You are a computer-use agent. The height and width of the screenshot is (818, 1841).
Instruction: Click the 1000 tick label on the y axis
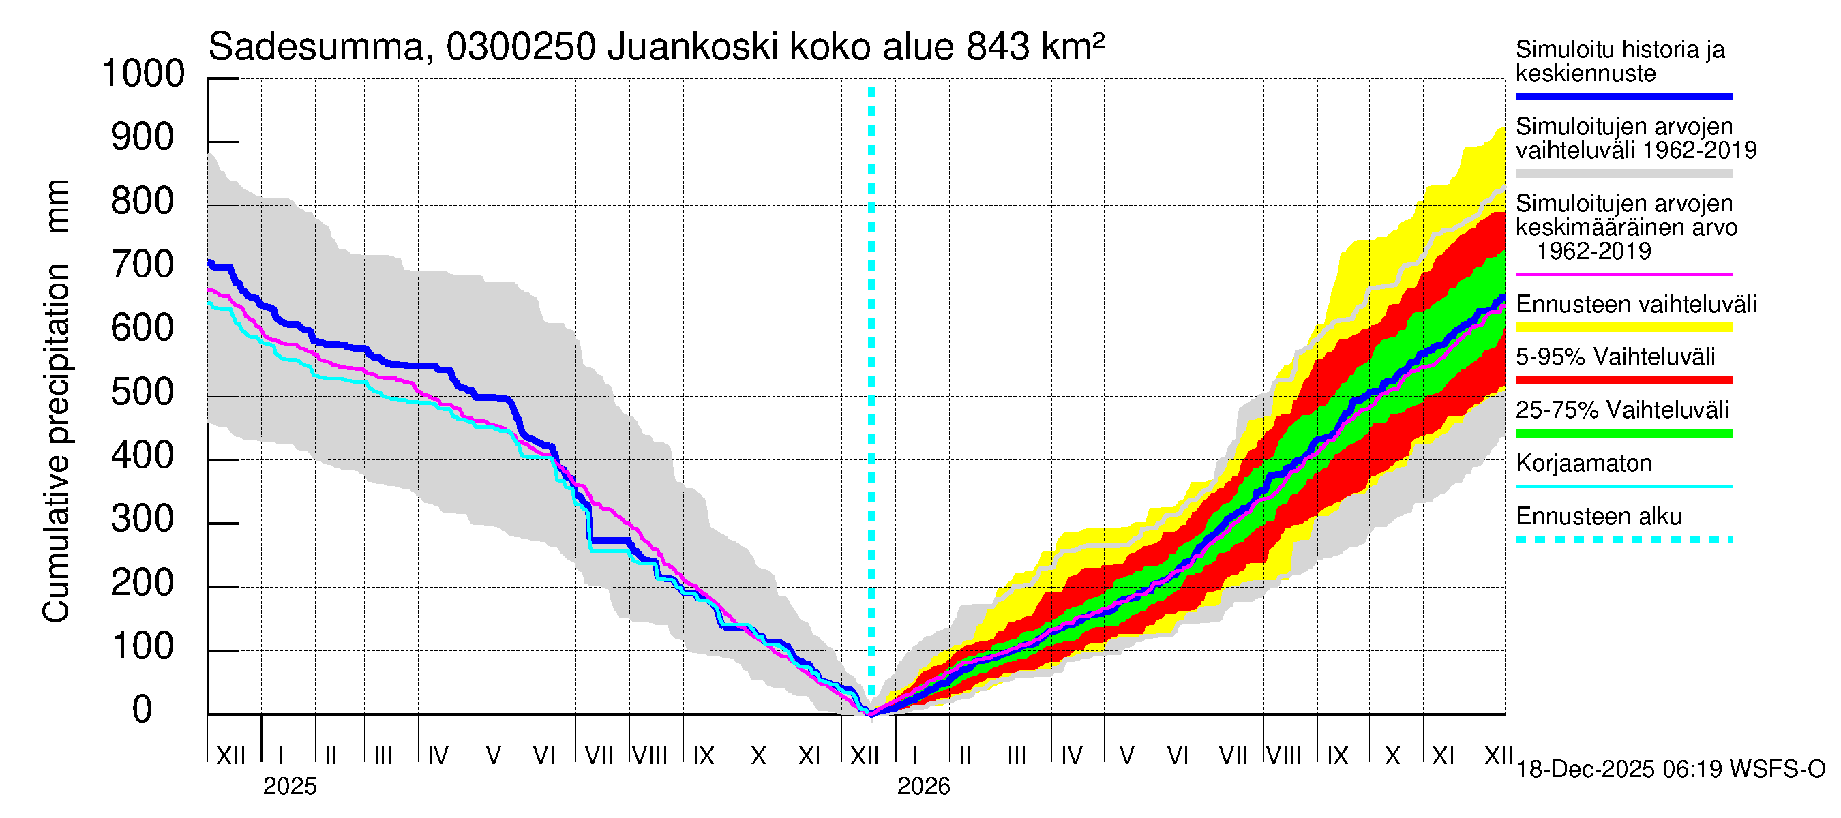[x=143, y=74]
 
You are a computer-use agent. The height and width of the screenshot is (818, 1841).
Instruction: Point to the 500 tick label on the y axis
[x=143, y=392]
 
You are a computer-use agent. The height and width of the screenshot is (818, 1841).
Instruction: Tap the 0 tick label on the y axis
[x=143, y=710]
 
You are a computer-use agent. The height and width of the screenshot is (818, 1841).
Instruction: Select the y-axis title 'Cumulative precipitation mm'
[x=57, y=400]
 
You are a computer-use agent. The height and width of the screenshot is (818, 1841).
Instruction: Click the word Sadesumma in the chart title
[x=316, y=48]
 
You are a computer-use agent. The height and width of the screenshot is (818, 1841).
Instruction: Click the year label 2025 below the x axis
[x=289, y=787]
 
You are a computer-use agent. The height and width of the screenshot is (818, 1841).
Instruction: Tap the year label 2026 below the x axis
[x=923, y=787]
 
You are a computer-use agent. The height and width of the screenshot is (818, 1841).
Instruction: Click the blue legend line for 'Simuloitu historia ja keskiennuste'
[x=1623, y=96]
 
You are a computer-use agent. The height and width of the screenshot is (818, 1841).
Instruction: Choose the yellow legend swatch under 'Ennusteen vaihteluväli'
[x=1623, y=328]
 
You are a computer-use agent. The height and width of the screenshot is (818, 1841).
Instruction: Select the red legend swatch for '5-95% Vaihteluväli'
[x=1623, y=380]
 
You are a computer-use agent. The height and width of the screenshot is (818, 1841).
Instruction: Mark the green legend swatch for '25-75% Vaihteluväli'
[x=1623, y=433]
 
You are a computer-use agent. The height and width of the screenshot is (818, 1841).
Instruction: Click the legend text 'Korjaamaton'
[x=1583, y=464]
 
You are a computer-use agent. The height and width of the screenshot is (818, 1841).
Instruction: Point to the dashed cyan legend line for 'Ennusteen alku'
[x=1623, y=539]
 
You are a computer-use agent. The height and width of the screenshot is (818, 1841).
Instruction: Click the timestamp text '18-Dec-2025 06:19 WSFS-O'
[x=1670, y=770]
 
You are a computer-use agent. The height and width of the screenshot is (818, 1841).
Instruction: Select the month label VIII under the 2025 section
[x=650, y=756]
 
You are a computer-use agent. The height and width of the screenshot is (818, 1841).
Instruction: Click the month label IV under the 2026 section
[x=1071, y=756]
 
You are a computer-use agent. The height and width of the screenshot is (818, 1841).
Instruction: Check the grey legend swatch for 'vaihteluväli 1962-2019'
[x=1623, y=174]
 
